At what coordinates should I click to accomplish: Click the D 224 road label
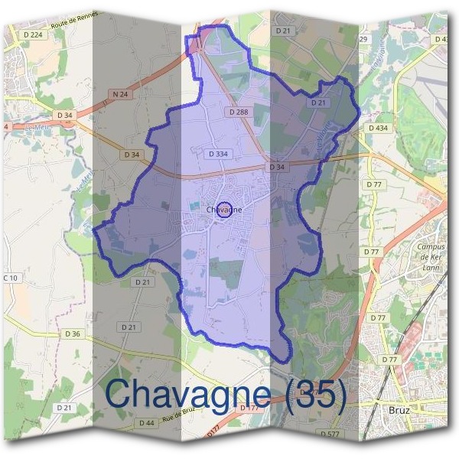click(34, 34)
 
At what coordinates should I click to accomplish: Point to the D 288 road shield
click(239, 112)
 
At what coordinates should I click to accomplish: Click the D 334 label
click(218, 154)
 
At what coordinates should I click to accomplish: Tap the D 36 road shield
click(73, 334)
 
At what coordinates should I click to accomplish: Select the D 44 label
click(147, 423)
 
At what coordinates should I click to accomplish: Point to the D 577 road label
click(330, 435)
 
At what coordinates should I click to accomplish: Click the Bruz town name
click(398, 410)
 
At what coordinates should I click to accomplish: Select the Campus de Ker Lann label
click(431, 258)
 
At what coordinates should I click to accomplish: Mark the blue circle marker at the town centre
click(224, 209)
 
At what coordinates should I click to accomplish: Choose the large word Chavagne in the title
click(187, 394)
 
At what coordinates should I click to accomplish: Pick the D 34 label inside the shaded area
click(277, 167)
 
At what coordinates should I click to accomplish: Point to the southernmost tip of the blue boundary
click(287, 360)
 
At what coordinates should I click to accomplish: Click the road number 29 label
click(363, 39)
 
